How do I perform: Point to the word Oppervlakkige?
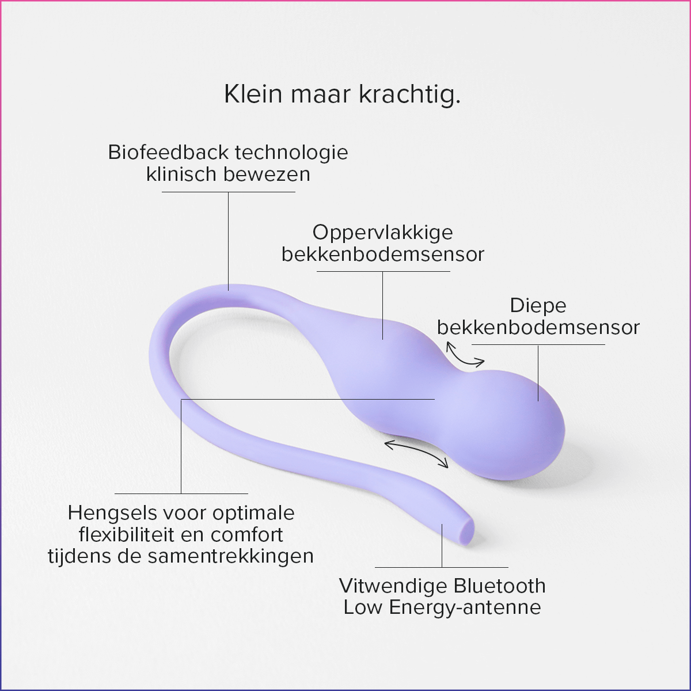pyautogui.click(x=382, y=233)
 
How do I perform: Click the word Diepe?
pyautogui.click(x=538, y=306)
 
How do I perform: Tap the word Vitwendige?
pyautogui.click(x=385, y=586)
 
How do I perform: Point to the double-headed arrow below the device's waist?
pyautogui.click(x=416, y=453)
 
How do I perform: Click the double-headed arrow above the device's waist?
pyautogui.click(x=465, y=355)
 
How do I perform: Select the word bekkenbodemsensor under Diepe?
pyautogui.click(x=538, y=328)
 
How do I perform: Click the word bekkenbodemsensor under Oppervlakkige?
pyautogui.click(x=382, y=255)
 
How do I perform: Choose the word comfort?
pyautogui.click(x=247, y=535)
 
